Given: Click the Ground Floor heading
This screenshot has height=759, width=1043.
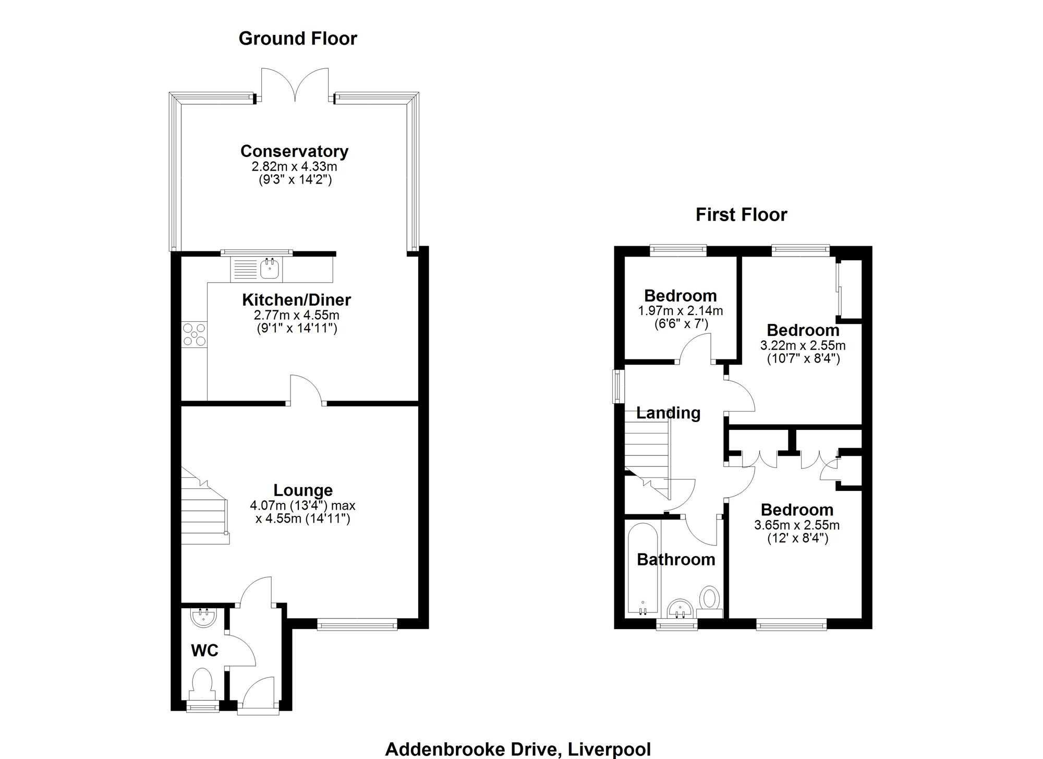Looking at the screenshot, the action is [x=298, y=39].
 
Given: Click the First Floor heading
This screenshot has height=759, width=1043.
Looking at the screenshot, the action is [x=741, y=214].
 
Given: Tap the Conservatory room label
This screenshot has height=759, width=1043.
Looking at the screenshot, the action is [x=295, y=151].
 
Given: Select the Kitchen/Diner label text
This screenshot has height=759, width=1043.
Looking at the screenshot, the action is [x=296, y=300].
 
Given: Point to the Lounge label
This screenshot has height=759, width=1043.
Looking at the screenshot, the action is [x=303, y=490].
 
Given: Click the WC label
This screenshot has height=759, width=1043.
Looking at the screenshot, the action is [x=204, y=650].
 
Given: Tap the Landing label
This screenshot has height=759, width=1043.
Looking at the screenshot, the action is [x=668, y=413].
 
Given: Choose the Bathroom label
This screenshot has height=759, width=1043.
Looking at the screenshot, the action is [x=676, y=560].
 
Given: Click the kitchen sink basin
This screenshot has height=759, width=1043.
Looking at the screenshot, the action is [x=270, y=269].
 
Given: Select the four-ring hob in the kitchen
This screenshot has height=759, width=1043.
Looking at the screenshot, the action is [x=194, y=334].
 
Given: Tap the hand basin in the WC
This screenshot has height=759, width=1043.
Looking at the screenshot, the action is [x=203, y=617].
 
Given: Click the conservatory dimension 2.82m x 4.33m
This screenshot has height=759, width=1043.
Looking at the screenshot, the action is [x=295, y=167].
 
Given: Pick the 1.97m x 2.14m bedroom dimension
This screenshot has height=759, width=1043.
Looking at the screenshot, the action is [x=681, y=311].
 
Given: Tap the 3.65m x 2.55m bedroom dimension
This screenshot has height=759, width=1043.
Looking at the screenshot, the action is [x=797, y=525].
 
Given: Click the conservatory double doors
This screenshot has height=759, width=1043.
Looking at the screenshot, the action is [x=295, y=85].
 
